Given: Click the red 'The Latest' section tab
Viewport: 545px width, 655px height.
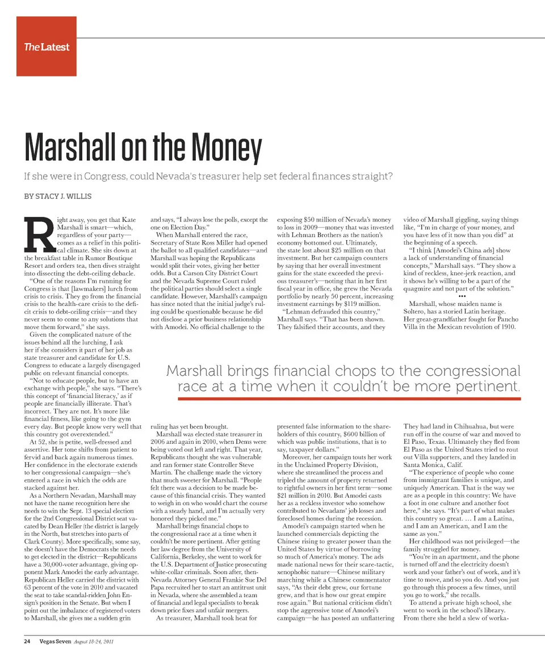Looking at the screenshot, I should (47, 47).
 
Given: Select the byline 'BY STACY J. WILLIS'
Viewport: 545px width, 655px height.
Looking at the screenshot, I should (57, 196).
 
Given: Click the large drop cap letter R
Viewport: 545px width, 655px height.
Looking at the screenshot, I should (36, 235).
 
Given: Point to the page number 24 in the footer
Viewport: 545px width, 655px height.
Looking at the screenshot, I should (26, 642).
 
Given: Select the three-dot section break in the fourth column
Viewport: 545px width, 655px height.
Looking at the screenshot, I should (461, 295).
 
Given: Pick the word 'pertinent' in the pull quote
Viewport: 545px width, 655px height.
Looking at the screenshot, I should (487, 387).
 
